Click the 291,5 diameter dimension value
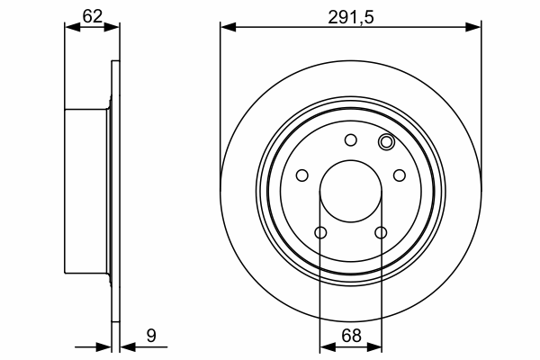[351, 17]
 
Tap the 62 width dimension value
[93, 16]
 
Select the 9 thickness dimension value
[151, 336]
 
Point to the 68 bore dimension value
[351, 336]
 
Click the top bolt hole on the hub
[351, 139]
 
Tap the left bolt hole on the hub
[302, 175]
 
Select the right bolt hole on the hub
[400, 175]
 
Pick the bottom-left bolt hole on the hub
[320, 232]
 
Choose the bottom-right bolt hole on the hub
[381, 232]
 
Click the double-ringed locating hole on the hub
[386, 141]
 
